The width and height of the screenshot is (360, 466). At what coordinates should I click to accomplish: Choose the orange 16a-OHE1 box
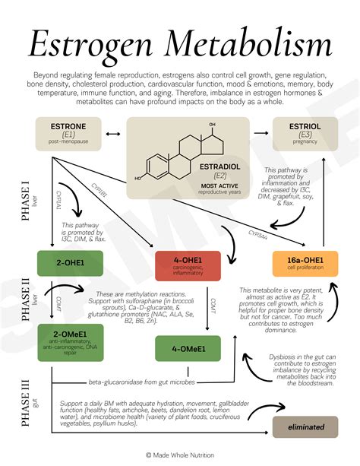(x=304, y=264)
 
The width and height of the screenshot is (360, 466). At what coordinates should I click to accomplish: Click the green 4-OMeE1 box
(x=187, y=349)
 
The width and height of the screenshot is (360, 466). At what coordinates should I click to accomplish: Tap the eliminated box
(x=305, y=427)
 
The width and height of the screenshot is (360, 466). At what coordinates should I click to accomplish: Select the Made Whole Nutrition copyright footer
(x=180, y=455)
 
